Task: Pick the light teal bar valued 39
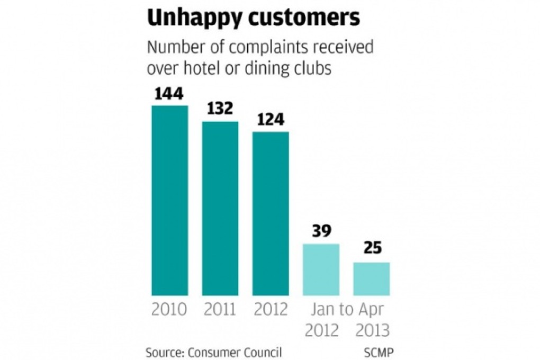tap(321, 269)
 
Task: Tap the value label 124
tap(271, 120)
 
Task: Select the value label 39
tap(321, 232)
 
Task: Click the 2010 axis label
tap(169, 309)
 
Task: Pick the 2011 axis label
tap(220, 309)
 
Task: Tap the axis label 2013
tap(372, 330)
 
